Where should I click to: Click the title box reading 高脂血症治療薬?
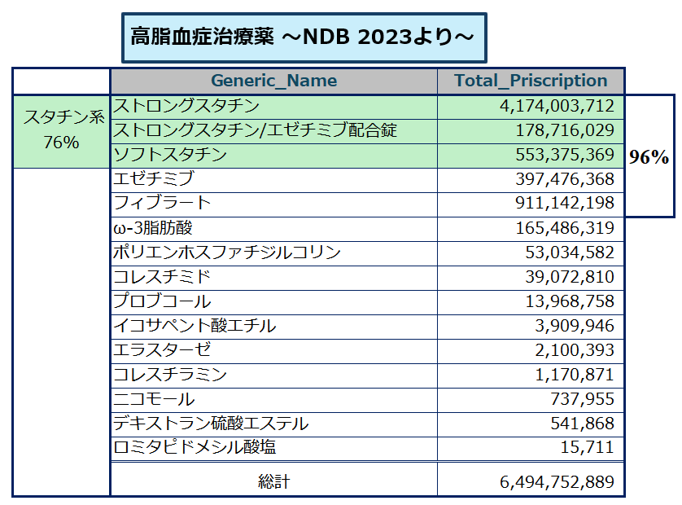tap(304, 37)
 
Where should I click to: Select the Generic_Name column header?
tap(274, 81)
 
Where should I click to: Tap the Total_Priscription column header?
tap(531, 81)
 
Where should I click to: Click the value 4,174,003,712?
tap(557, 106)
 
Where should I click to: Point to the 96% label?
tap(649, 157)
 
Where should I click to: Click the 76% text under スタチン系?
tap(61, 143)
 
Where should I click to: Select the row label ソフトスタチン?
tap(170, 155)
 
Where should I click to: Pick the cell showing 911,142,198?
tap(565, 203)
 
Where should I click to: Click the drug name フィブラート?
tap(162, 203)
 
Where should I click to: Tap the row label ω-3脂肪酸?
tap(153, 228)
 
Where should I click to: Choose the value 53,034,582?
tap(570, 253)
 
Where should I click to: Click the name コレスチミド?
tap(162, 276)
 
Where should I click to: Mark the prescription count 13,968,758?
tap(570, 301)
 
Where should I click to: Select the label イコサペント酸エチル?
tap(195, 326)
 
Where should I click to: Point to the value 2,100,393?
tap(575, 350)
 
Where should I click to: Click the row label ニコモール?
tap(154, 399)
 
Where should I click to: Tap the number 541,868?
tap(583, 424)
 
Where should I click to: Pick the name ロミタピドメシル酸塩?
tap(195, 447)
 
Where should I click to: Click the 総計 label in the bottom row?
tap(274, 482)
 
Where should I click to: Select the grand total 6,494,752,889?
tap(557, 482)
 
